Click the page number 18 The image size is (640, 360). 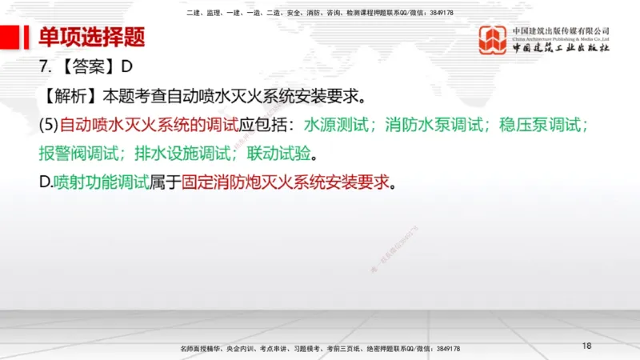coord(587,346)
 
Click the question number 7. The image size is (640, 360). coord(44,69)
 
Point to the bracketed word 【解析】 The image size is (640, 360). coord(69,97)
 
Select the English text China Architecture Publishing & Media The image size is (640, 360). coord(560,38)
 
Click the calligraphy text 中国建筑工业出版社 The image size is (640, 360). coord(561,50)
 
